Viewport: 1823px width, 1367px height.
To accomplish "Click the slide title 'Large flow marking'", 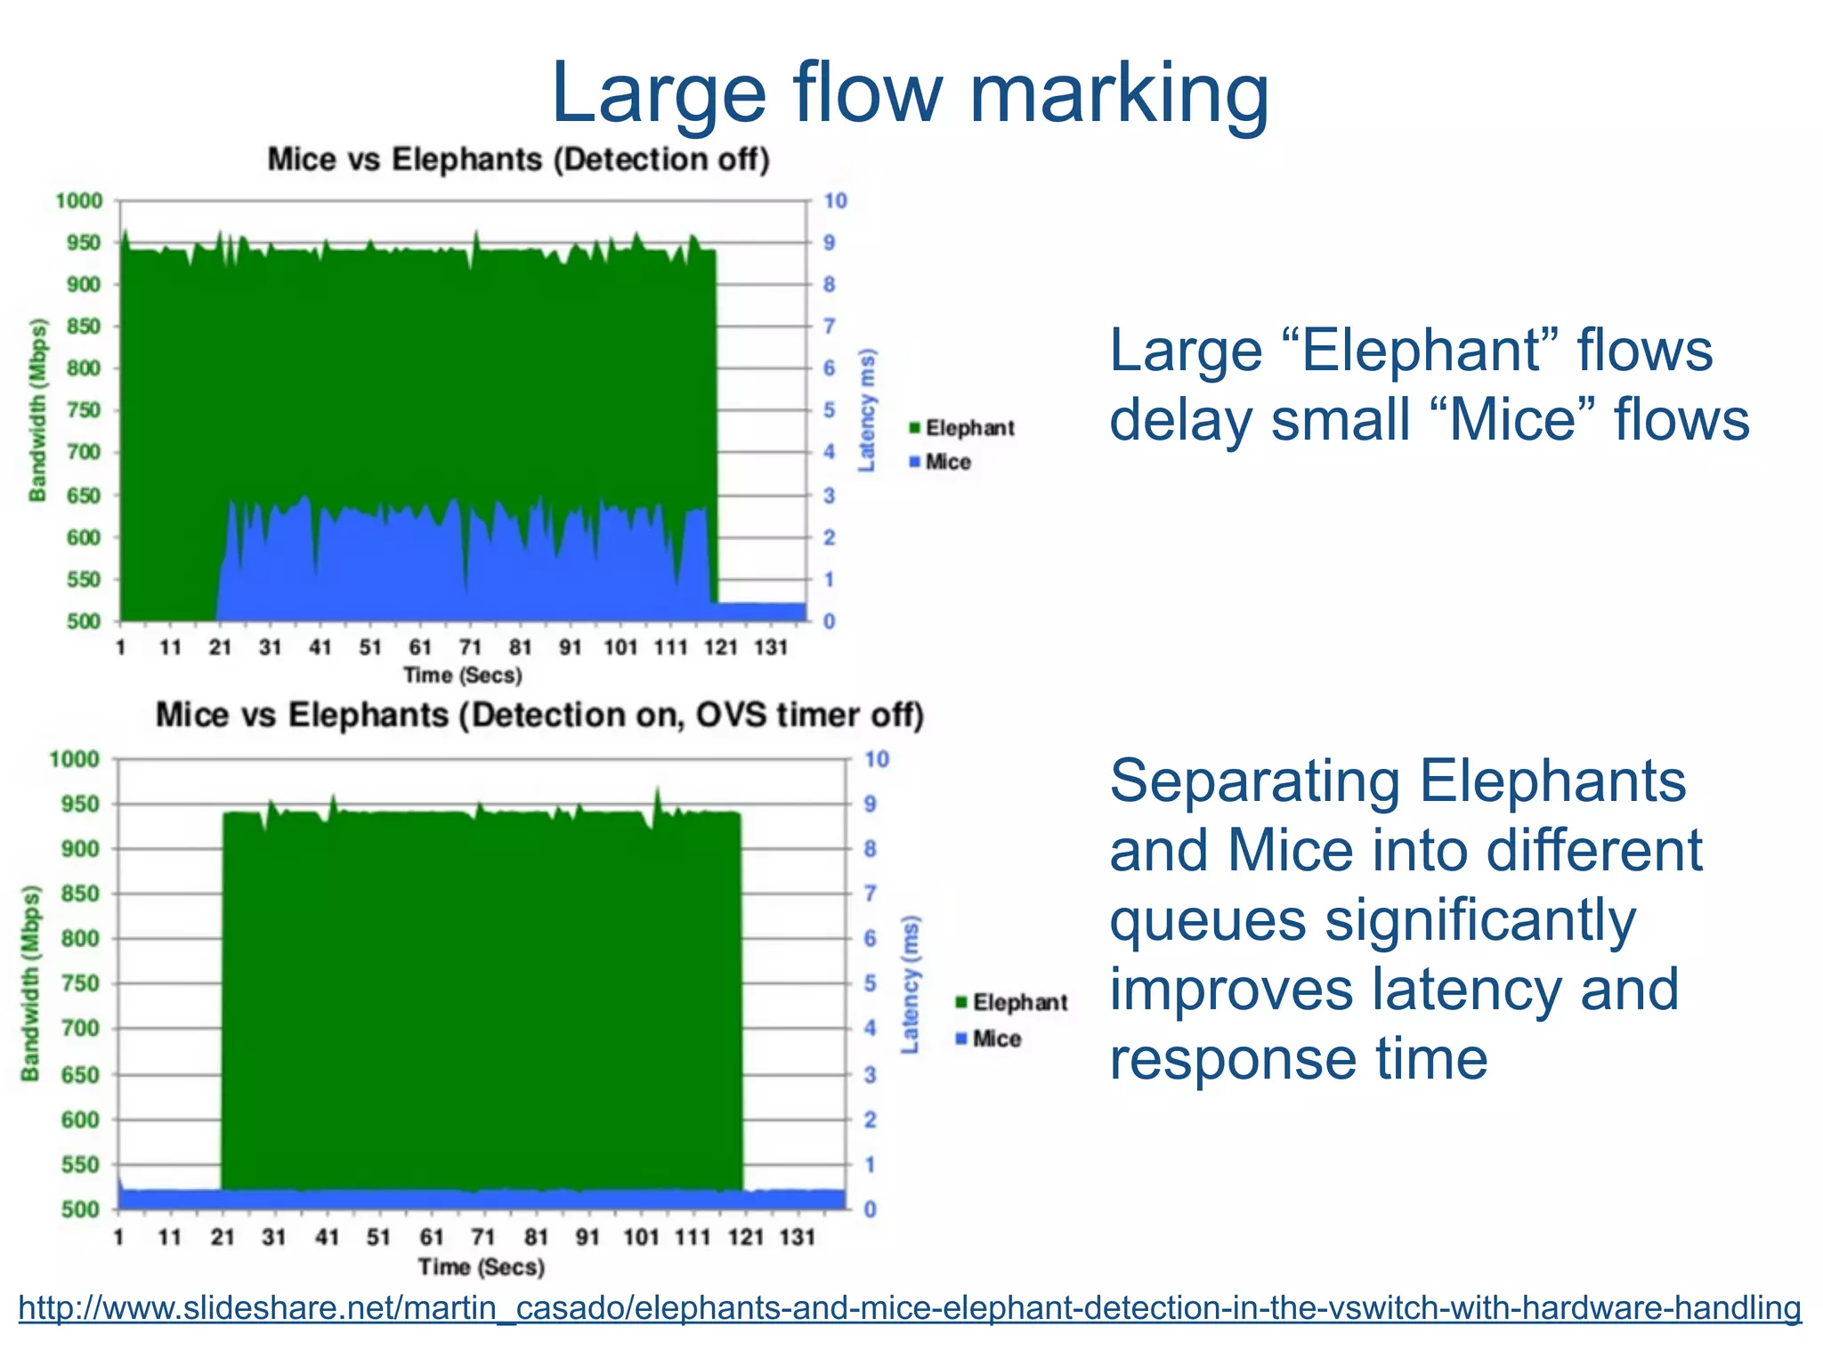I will tap(910, 93).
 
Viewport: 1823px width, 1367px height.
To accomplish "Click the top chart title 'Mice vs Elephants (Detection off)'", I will tap(518, 160).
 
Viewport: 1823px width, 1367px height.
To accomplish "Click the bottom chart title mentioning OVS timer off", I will tap(539, 716).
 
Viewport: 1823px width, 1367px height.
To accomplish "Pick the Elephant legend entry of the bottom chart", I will tap(1011, 1003).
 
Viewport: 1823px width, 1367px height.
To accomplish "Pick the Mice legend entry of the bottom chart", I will tap(988, 1039).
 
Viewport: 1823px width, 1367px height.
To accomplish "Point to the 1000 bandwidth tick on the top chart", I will tap(79, 201).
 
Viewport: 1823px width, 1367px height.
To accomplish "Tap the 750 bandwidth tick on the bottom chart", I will tap(79, 983).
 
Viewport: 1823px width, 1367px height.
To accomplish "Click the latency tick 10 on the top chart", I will tap(835, 201).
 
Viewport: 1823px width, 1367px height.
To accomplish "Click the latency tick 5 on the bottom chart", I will tap(870, 983).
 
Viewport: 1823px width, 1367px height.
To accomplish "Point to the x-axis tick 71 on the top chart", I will tap(470, 648).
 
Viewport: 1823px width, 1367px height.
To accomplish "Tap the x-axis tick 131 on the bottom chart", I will tap(797, 1237).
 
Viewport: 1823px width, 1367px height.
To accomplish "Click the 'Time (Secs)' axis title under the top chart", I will tap(462, 675).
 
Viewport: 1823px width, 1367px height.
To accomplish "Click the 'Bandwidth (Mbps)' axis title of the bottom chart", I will tap(31, 983).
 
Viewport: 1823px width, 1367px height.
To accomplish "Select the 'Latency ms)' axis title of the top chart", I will tap(866, 410).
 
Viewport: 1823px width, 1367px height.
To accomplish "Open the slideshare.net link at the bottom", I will tap(910, 1308).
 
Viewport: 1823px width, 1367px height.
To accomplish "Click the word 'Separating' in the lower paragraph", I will tap(1255, 781).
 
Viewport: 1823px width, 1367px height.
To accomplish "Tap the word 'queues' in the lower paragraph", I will tap(1208, 920).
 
